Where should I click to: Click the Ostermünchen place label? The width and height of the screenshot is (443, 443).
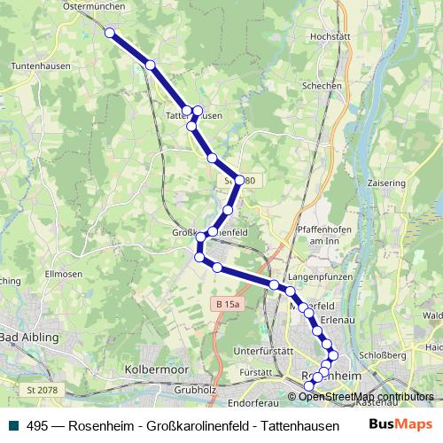(94, 5)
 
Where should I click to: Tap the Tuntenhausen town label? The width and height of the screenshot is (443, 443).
(33, 66)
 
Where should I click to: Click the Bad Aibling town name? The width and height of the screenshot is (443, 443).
(29, 338)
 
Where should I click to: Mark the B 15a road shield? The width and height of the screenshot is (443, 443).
(228, 304)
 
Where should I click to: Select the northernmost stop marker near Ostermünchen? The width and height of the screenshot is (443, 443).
(110, 33)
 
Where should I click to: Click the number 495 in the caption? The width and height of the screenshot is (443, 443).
(36, 425)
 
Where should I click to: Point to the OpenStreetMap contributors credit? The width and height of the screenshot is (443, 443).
(365, 396)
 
